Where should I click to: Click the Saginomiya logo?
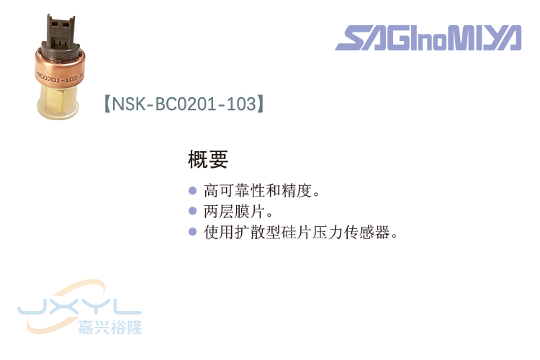428,38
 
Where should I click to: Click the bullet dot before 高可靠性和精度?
192,192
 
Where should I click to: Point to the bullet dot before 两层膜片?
192,212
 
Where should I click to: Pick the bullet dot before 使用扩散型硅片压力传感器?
192,232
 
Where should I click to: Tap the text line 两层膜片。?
238,212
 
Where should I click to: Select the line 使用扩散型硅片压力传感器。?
301,233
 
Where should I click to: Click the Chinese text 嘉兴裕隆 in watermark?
110,326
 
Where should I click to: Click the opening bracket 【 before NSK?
108,104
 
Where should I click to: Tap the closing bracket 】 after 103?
260,104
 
